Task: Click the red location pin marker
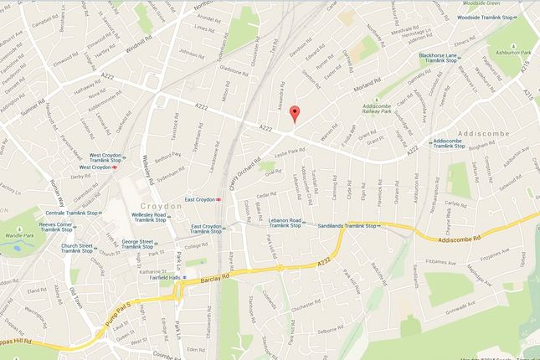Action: (x=293, y=115)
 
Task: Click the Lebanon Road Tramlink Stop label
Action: (x=291, y=222)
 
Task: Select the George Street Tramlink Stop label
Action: (x=140, y=244)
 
